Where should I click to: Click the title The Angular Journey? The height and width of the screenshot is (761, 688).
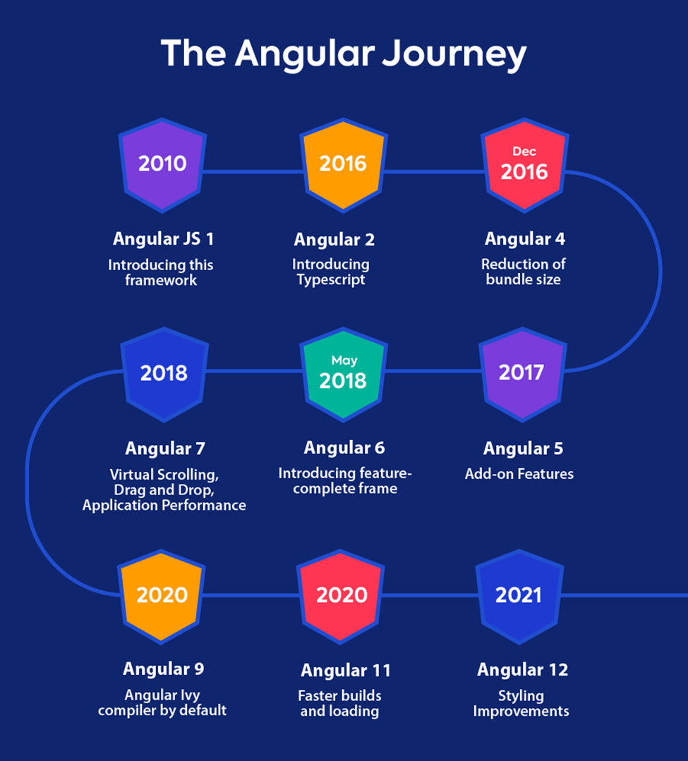point(344,54)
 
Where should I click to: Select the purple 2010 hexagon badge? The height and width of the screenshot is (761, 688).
point(163,165)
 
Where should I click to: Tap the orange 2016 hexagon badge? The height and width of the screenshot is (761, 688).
point(343,165)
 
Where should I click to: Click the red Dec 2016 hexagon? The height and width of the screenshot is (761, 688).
point(524,165)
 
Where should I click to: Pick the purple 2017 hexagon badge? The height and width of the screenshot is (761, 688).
point(522,375)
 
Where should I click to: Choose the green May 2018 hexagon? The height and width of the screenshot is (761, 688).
point(343,375)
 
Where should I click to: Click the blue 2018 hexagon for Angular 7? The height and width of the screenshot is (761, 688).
point(164,375)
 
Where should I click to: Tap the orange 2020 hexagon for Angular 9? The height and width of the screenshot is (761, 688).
point(161,597)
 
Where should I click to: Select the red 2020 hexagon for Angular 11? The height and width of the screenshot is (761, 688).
point(340,597)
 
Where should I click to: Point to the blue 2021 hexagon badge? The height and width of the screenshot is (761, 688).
point(519,597)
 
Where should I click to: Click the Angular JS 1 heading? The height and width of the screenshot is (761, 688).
point(163,239)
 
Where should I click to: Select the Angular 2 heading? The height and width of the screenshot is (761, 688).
point(334,240)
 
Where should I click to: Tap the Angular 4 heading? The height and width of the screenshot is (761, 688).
point(525,239)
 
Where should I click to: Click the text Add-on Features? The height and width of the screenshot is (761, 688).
point(519,474)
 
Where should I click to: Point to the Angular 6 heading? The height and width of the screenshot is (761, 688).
point(344,448)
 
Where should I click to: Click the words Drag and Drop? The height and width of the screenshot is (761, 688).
point(164,489)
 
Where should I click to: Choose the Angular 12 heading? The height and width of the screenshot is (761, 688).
point(522,670)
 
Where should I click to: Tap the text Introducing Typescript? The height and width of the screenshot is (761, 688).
point(331,272)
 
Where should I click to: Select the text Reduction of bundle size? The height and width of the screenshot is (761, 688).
point(524,272)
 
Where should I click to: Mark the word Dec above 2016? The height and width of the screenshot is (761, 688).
point(524,152)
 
